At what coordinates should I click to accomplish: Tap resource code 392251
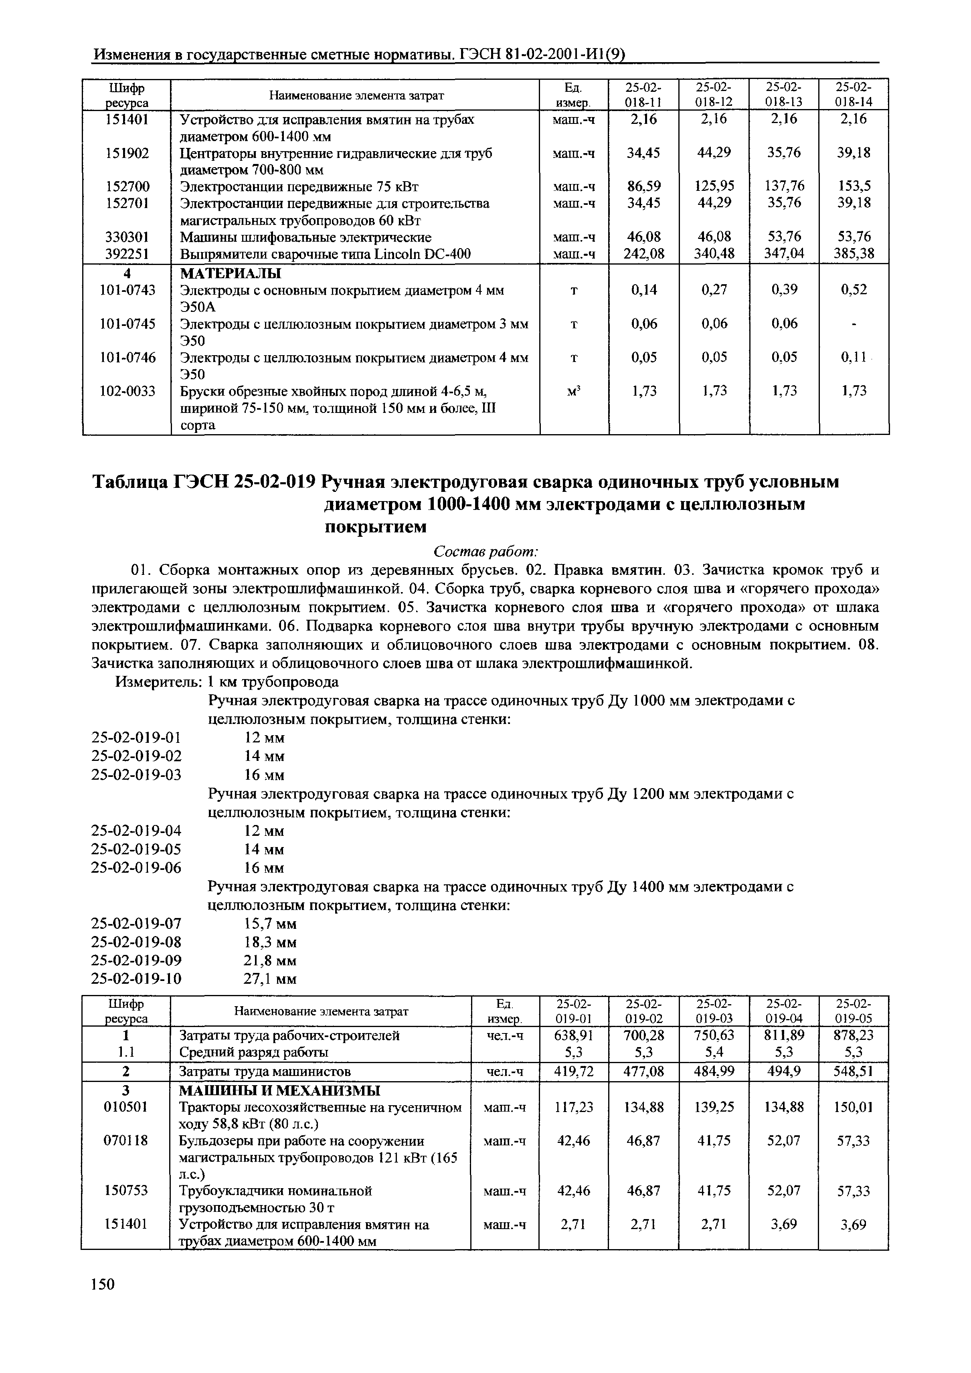tap(127, 254)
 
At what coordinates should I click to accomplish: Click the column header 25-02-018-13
tap(784, 94)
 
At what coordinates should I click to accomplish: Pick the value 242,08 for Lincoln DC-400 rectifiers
tap(644, 254)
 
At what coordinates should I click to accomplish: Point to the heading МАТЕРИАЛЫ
tap(230, 274)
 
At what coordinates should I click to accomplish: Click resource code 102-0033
tap(127, 391)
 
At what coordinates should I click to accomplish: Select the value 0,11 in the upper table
tap(853, 357)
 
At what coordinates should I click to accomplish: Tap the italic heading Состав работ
tap(486, 550)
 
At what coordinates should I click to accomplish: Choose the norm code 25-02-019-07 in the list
tap(136, 924)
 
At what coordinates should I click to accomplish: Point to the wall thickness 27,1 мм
tap(270, 979)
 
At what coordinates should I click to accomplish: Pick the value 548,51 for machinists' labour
tap(853, 1071)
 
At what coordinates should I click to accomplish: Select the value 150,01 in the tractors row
tap(853, 1108)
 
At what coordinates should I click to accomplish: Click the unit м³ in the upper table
tap(573, 391)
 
